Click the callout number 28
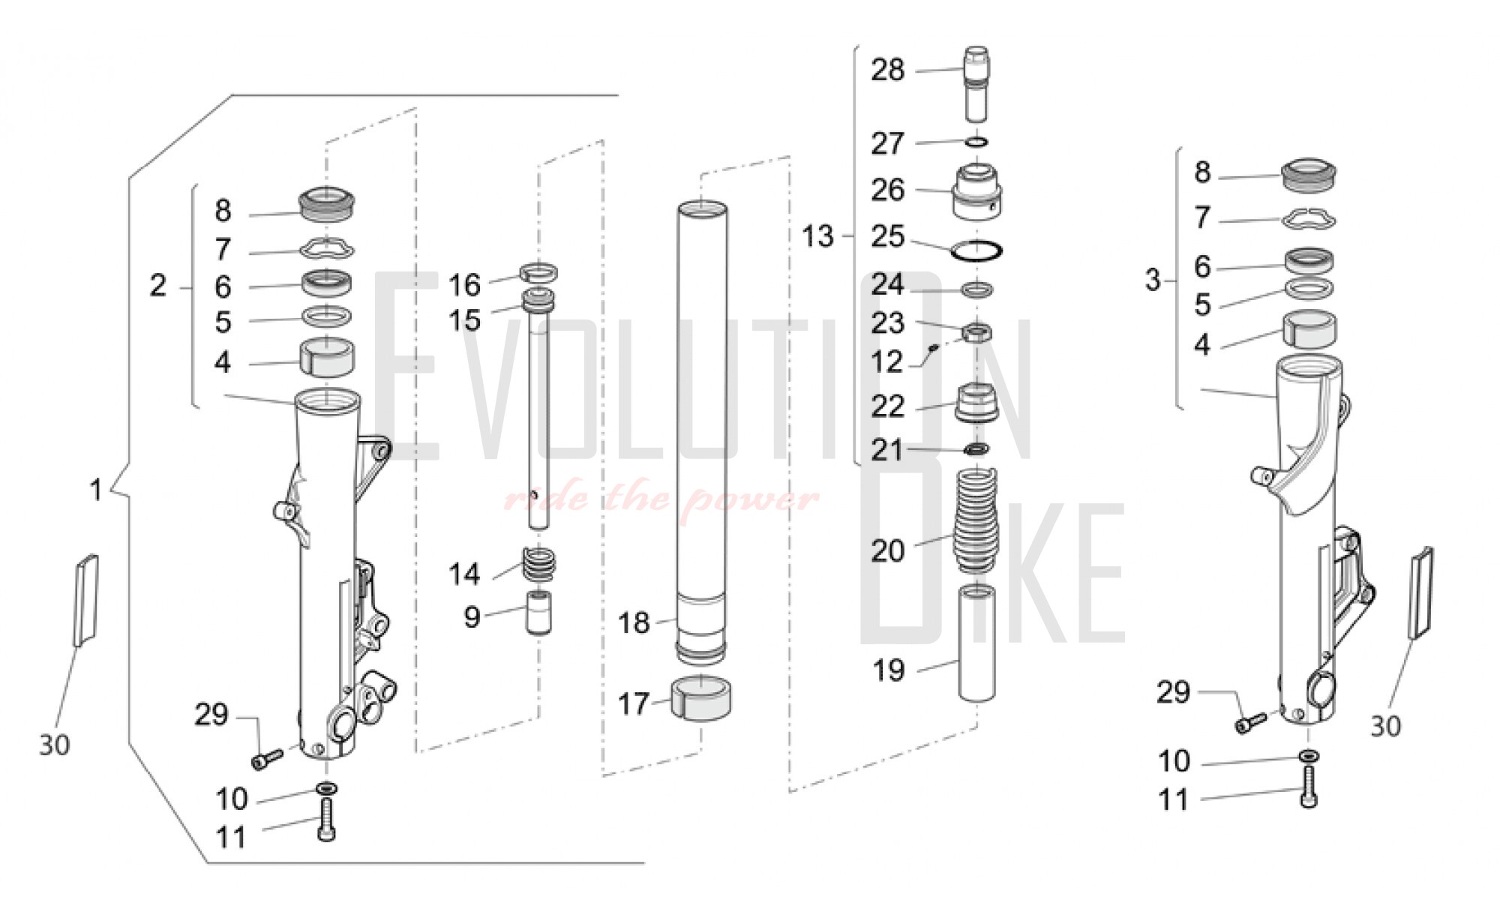[x=887, y=70]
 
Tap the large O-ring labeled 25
[x=976, y=250]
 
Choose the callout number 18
[x=634, y=622]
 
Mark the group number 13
[x=817, y=236]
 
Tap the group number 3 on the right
[x=1153, y=280]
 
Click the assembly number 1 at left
[x=95, y=490]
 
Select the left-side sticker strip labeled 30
[x=85, y=599]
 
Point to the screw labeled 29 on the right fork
[x=1249, y=723]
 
